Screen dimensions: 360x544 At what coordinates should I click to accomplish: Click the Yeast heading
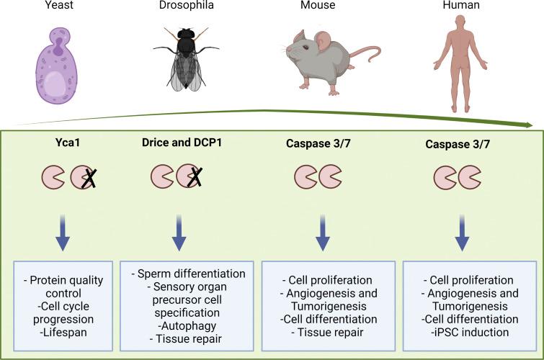pyautogui.click(x=63, y=7)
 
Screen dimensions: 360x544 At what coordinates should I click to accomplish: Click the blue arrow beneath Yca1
pyautogui.click(x=63, y=237)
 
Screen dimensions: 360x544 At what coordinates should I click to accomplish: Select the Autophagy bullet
pyautogui.click(x=188, y=325)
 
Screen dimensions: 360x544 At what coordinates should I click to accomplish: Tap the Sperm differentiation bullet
pyautogui.click(x=189, y=274)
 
